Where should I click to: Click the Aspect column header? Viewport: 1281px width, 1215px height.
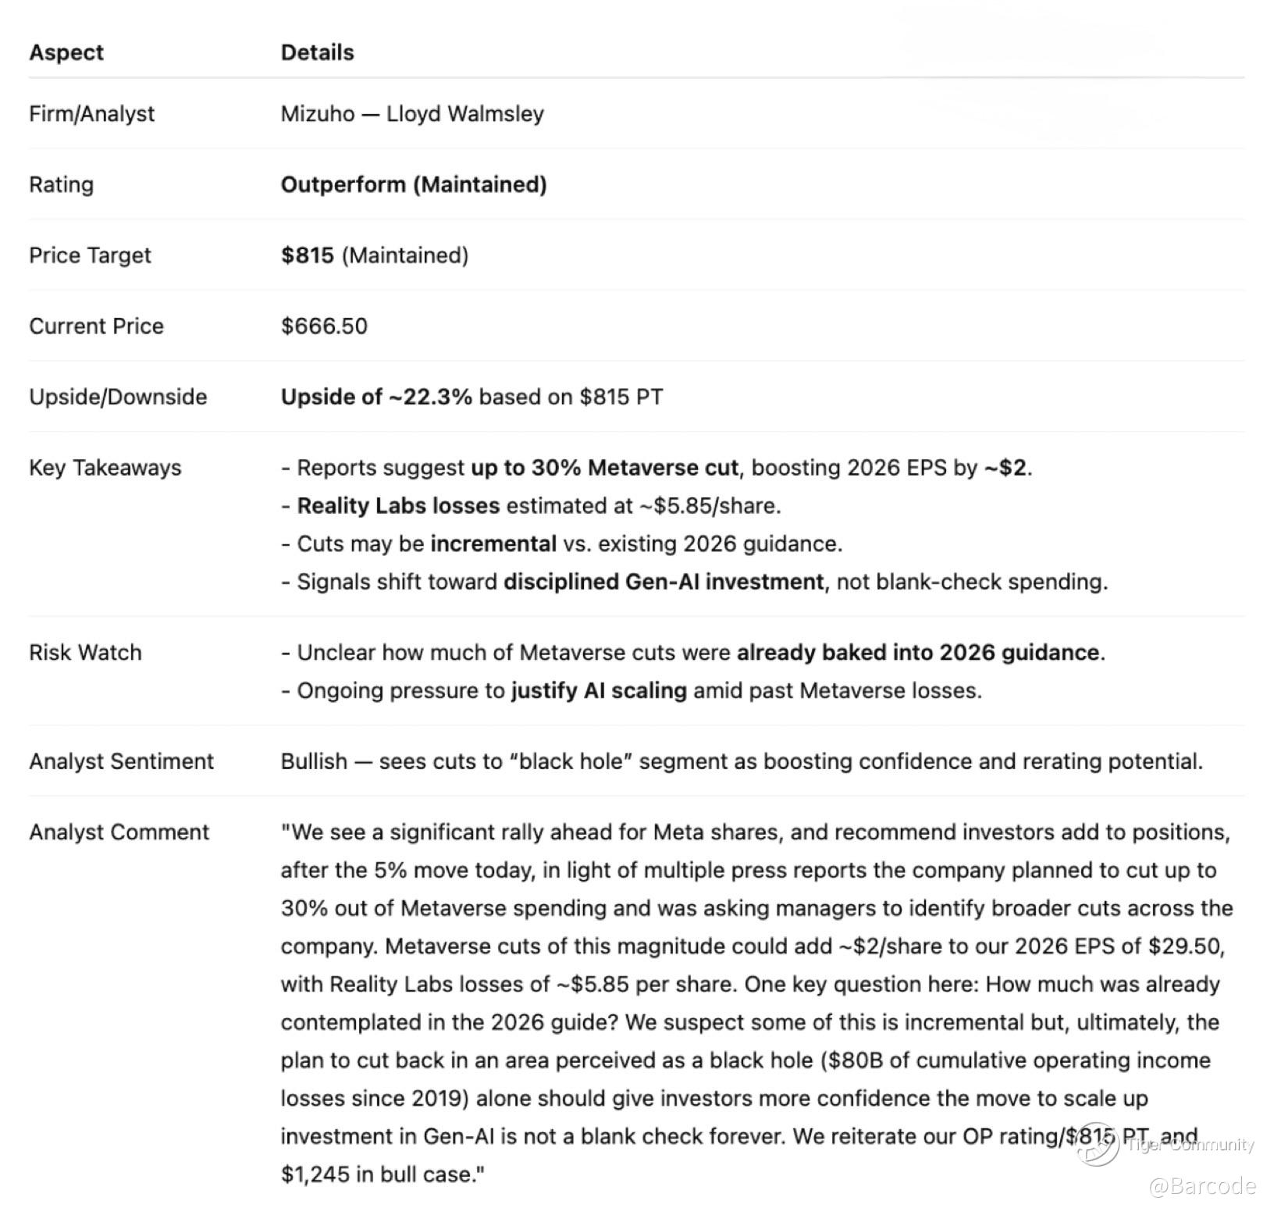[x=66, y=52]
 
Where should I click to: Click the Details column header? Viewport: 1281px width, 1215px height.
[x=317, y=52]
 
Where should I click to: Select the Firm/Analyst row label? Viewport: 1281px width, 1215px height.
[x=91, y=114]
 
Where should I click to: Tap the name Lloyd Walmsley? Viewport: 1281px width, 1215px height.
[x=465, y=114]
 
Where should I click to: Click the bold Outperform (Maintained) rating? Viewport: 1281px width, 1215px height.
[x=414, y=185]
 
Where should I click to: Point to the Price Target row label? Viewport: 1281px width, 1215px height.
[x=90, y=255]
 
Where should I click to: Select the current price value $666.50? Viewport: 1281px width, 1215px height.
[x=324, y=326]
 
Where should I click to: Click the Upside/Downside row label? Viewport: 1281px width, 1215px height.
[x=118, y=397]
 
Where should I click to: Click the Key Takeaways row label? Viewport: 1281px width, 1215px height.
[x=105, y=468]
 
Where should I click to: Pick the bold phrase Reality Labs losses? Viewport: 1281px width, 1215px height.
[x=398, y=506]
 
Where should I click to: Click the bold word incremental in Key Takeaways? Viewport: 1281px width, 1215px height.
[x=493, y=543]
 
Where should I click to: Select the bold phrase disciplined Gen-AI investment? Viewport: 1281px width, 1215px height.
[x=664, y=582]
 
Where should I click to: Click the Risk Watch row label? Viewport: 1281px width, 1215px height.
[x=85, y=653]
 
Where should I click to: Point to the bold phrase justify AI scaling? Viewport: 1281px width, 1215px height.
[x=599, y=691]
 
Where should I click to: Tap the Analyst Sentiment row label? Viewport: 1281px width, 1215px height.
[x=121, y=761]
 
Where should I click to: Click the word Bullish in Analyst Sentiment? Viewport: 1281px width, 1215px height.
[x=314, y=761]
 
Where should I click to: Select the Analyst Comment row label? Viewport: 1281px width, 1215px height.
[x=119, y=832]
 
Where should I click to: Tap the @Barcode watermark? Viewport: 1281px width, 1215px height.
[x=1202, y=1186]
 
